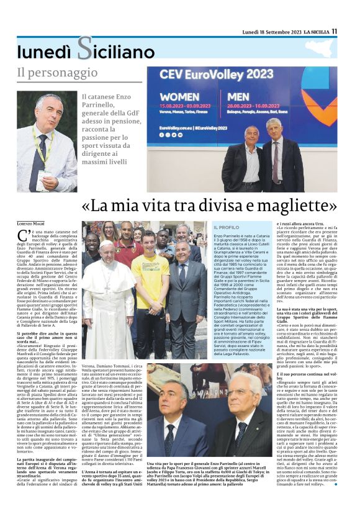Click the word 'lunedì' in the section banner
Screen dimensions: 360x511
45,50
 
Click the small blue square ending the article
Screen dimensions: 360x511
336,482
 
